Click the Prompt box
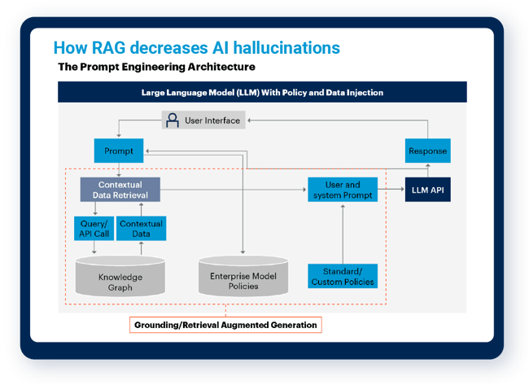pyautogui.click(x=119, y=151)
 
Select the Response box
pyautogui.click(x=426, y=151)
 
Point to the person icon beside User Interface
pyautogui.click(x=173, y=120)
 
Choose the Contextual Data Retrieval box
pyautogui.click(x=120, y=190)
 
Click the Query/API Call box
pyautogui.click(x=94, y=229)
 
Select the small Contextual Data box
pyautogui.click(x=140, y=229)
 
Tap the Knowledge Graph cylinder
pyautogui.click(x=120, y=276)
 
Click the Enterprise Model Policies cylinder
pyautogui.click(x=243, y=276)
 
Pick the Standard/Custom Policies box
pyautogui.click(x=343, y=276)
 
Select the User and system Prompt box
pyautogui.click(x=343, y=190)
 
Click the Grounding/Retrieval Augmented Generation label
pyautogui.click(x=225, y=325)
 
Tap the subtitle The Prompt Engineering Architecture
pyautogui.click(x=156, y=67)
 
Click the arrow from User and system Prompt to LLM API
pyautogui.click(x=392, y=190)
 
